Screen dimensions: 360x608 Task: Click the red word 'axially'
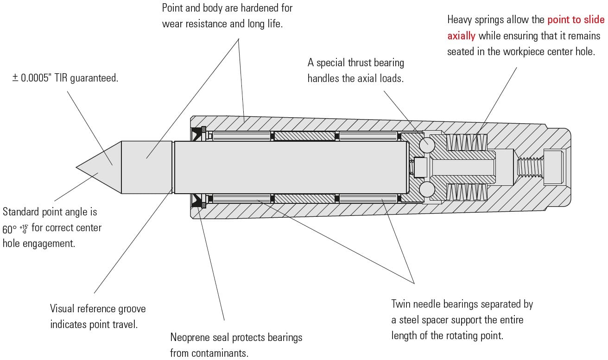[461, 36]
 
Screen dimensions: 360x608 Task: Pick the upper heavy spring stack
[466, 142]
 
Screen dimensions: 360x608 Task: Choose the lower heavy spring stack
[466, 192]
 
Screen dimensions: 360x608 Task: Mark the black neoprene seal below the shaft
[198, 200]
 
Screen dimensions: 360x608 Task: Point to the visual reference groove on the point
[173, 167]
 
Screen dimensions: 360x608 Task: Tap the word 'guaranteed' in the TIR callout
[95, 78]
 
